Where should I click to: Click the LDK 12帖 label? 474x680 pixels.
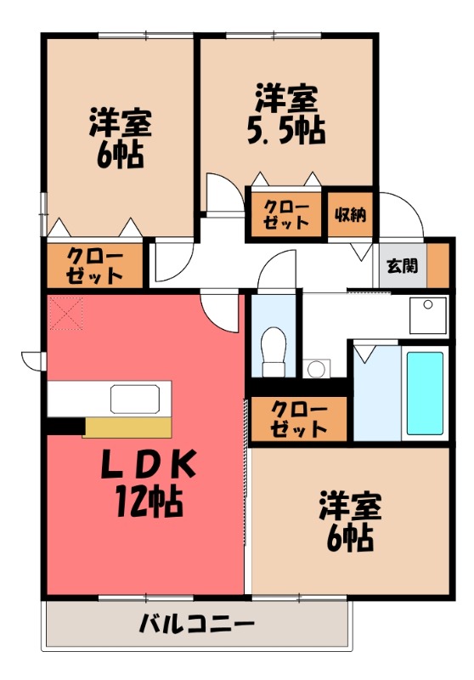pos(148,481)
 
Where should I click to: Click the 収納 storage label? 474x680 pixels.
pos(350,214)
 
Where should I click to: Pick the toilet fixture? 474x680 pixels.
pos(273,348)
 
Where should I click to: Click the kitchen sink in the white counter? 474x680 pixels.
pos(135,397)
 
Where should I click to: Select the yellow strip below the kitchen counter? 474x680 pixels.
pos(128,427)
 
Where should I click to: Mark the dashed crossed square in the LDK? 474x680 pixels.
pos(66,313)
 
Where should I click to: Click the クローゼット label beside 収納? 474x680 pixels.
pos(285,214)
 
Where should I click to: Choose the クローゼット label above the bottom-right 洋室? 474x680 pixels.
pos(298,418)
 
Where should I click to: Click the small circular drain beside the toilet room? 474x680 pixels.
pos(316,369)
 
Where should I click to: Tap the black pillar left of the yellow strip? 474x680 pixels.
pos(65,425)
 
